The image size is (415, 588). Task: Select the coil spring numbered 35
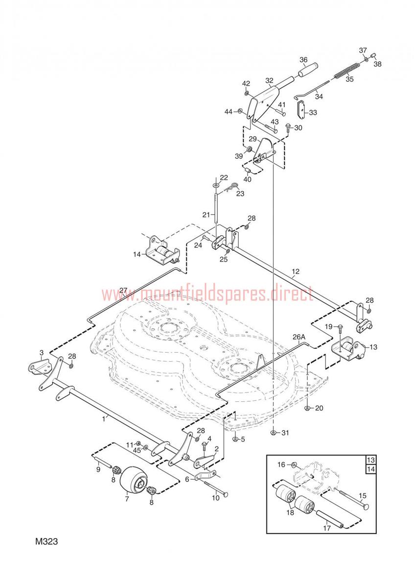[x=347, y=71]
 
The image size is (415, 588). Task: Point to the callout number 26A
[x=299, y=337]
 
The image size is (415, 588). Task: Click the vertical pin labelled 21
[x=216, y=208]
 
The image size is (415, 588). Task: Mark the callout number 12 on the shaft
[x=295, y=271]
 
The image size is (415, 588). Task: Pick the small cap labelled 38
[x=373, y=56]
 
